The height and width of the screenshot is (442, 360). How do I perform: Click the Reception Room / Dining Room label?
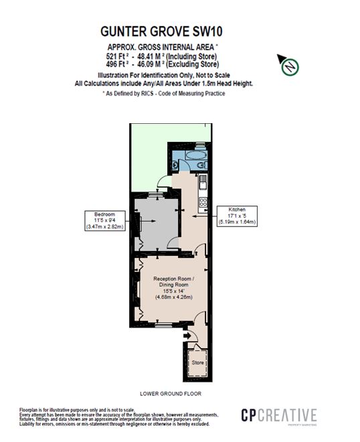[172, 285]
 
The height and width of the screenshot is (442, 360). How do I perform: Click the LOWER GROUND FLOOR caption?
[170, 394]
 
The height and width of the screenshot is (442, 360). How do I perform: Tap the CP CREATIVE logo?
[278, 416]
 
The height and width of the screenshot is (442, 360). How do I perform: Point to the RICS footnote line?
[163, 93]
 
